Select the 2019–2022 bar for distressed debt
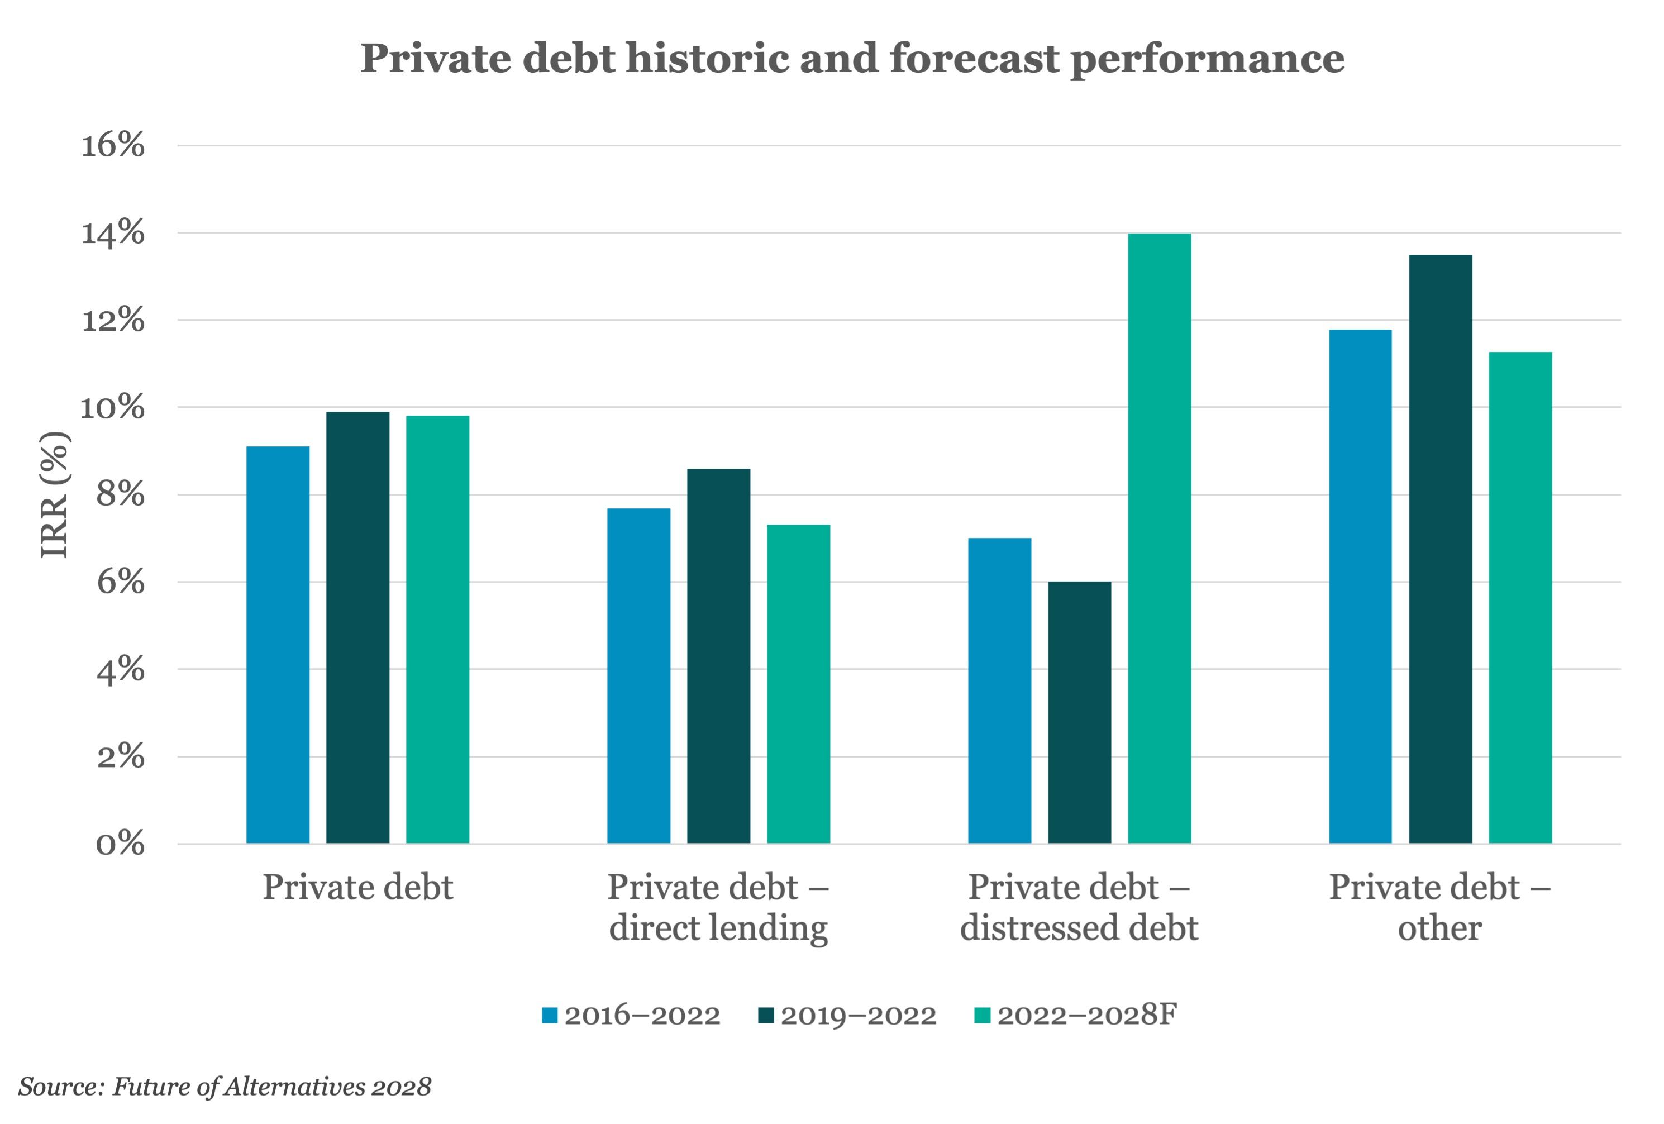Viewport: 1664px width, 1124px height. click(1079, 712)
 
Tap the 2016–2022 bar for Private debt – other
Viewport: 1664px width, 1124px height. click(1360, 587)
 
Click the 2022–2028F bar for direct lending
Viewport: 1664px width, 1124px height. click(798, 684)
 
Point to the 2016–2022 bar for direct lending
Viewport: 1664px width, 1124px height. click(638, 676)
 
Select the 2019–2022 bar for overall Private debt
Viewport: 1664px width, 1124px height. click(357, 627)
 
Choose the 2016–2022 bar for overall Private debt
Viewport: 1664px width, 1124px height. click(278, 644)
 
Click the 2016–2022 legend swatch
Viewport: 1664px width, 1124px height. click(550, 1015)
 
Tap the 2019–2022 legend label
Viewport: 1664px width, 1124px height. click(859, 1015)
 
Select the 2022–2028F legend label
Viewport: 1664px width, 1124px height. click(1087, 1015)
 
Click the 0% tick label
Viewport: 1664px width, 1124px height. click(120, 844)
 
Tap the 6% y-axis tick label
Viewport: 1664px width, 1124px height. click(120, 582)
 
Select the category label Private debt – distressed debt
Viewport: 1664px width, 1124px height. click(1079, 907)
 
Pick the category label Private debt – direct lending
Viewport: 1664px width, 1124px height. click(718, 907)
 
